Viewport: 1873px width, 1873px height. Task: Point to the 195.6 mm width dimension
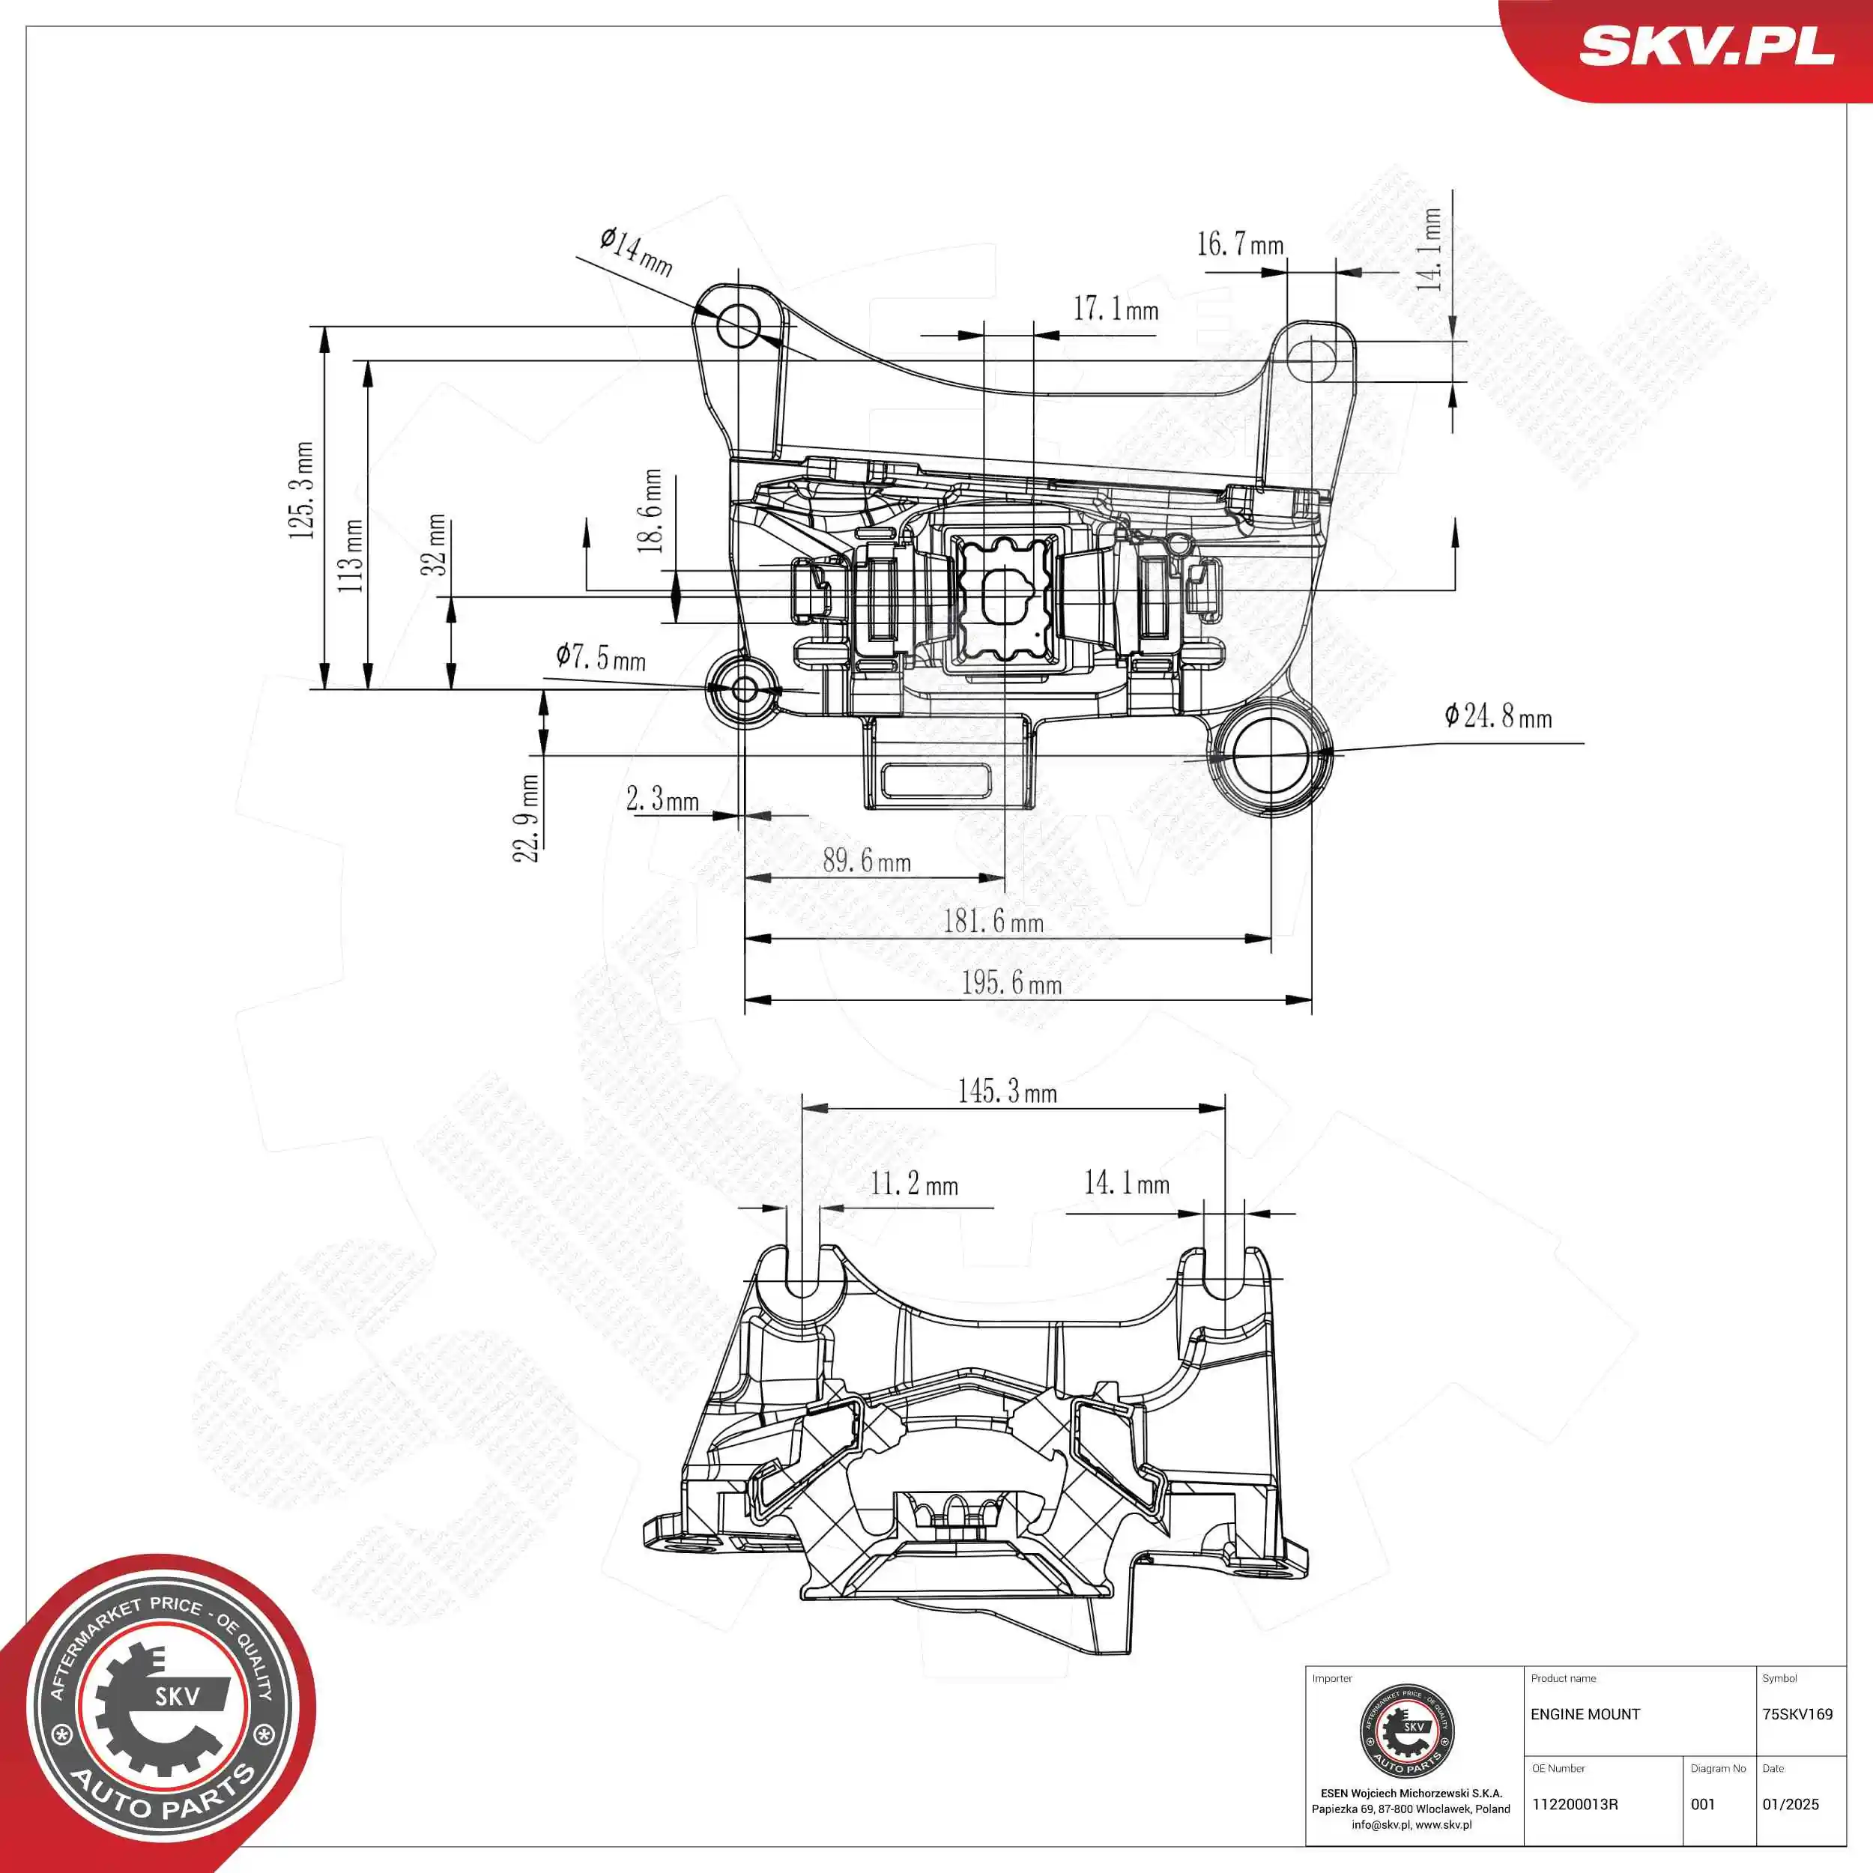point(1011,983)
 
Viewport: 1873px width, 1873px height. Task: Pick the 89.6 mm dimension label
point(867,860)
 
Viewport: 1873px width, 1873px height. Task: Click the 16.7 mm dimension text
point(1240,244)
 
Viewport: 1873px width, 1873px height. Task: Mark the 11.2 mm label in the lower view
point(913,1184)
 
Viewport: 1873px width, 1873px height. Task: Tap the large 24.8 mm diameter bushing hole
point(1270,756)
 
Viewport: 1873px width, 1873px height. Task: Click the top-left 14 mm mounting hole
point(739,327)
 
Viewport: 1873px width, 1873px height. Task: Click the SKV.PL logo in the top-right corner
point(1706,46)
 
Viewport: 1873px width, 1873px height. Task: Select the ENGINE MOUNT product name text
point(1585,1714)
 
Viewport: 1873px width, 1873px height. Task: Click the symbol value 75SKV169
point(1797,1714)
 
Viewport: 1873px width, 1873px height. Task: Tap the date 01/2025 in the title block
point(1791,1804)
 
